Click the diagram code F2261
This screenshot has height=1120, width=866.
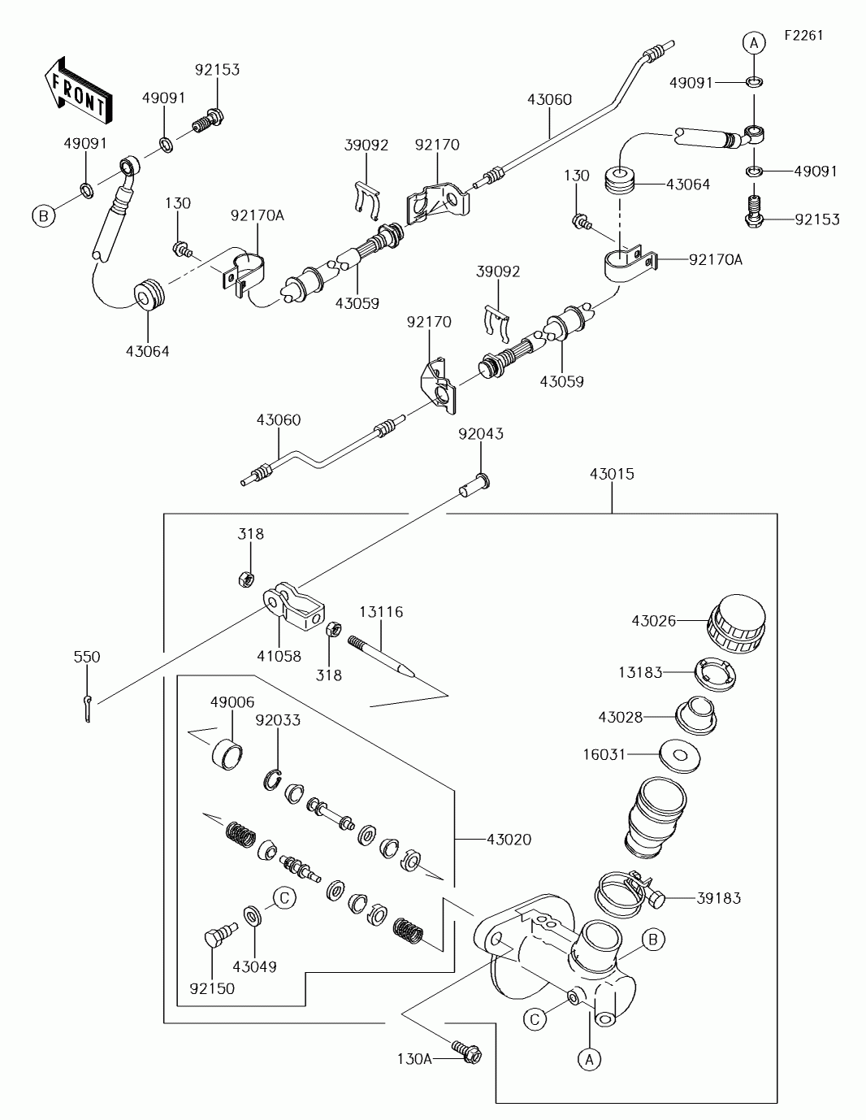tap(803, 36)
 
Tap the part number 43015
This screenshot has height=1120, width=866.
tap(612, 474)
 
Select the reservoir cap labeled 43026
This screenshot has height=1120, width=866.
tap(737, 624)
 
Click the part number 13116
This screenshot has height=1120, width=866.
tap(381, 612)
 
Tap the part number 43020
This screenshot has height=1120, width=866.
tap(509, 840)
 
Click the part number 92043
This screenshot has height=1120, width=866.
tap(481, 434)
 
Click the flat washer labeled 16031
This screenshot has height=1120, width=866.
tap(680, 756)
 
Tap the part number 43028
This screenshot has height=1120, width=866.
tap(621, 717)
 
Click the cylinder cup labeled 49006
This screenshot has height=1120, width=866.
tap(227, 753)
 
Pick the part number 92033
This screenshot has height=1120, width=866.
tap(278, 720)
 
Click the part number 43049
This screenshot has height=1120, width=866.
tap(254, 967)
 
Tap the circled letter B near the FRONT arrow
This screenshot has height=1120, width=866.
tap(43, 215)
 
